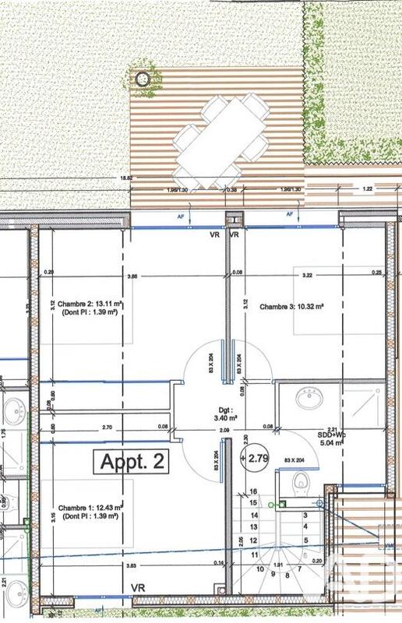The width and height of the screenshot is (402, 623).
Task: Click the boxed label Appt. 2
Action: tap(132, 461)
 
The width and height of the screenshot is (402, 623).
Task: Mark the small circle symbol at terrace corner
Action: tap(142, 79)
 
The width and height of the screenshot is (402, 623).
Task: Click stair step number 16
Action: tap(253, 492)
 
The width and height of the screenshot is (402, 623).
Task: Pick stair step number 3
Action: tap(305, 516)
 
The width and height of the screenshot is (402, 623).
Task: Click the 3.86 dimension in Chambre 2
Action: tap(132, 276)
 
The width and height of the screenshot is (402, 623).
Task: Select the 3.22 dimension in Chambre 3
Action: tap(308, 276)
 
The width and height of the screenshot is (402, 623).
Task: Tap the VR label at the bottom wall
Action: tap(139, 587)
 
